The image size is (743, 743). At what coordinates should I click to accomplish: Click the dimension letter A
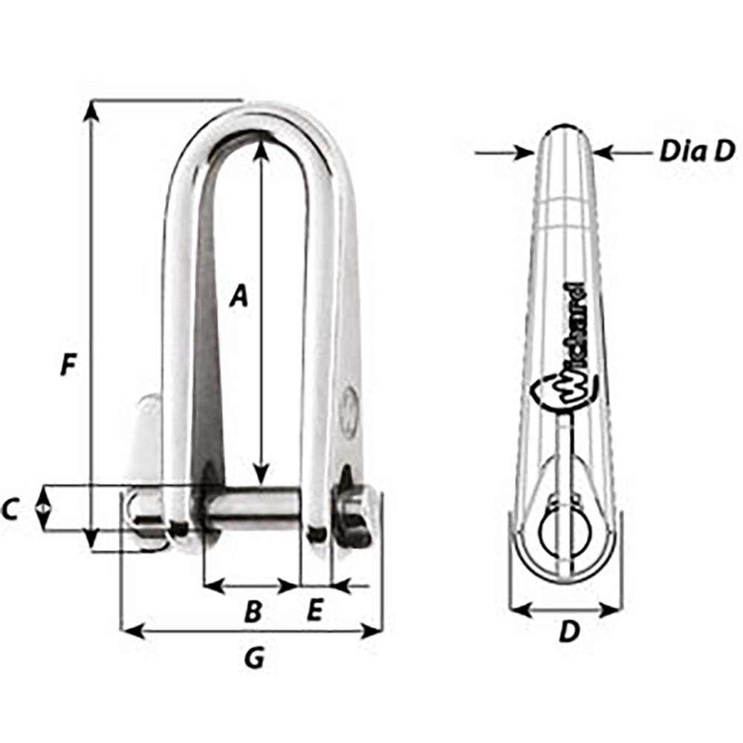(239, 296)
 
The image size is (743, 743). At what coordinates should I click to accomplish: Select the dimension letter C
(10, 509)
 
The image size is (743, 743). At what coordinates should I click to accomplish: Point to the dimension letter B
(253, 611)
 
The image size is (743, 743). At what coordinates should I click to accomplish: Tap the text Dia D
(696, 152)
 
